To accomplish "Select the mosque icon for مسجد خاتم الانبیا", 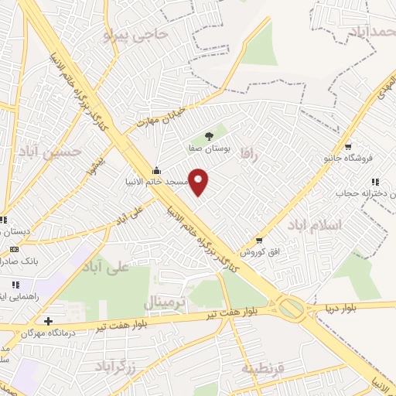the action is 157,171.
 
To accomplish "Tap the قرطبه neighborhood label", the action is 264,367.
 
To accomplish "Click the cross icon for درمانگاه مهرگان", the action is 49,320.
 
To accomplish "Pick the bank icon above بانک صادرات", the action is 13,249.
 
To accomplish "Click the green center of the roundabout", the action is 292,309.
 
